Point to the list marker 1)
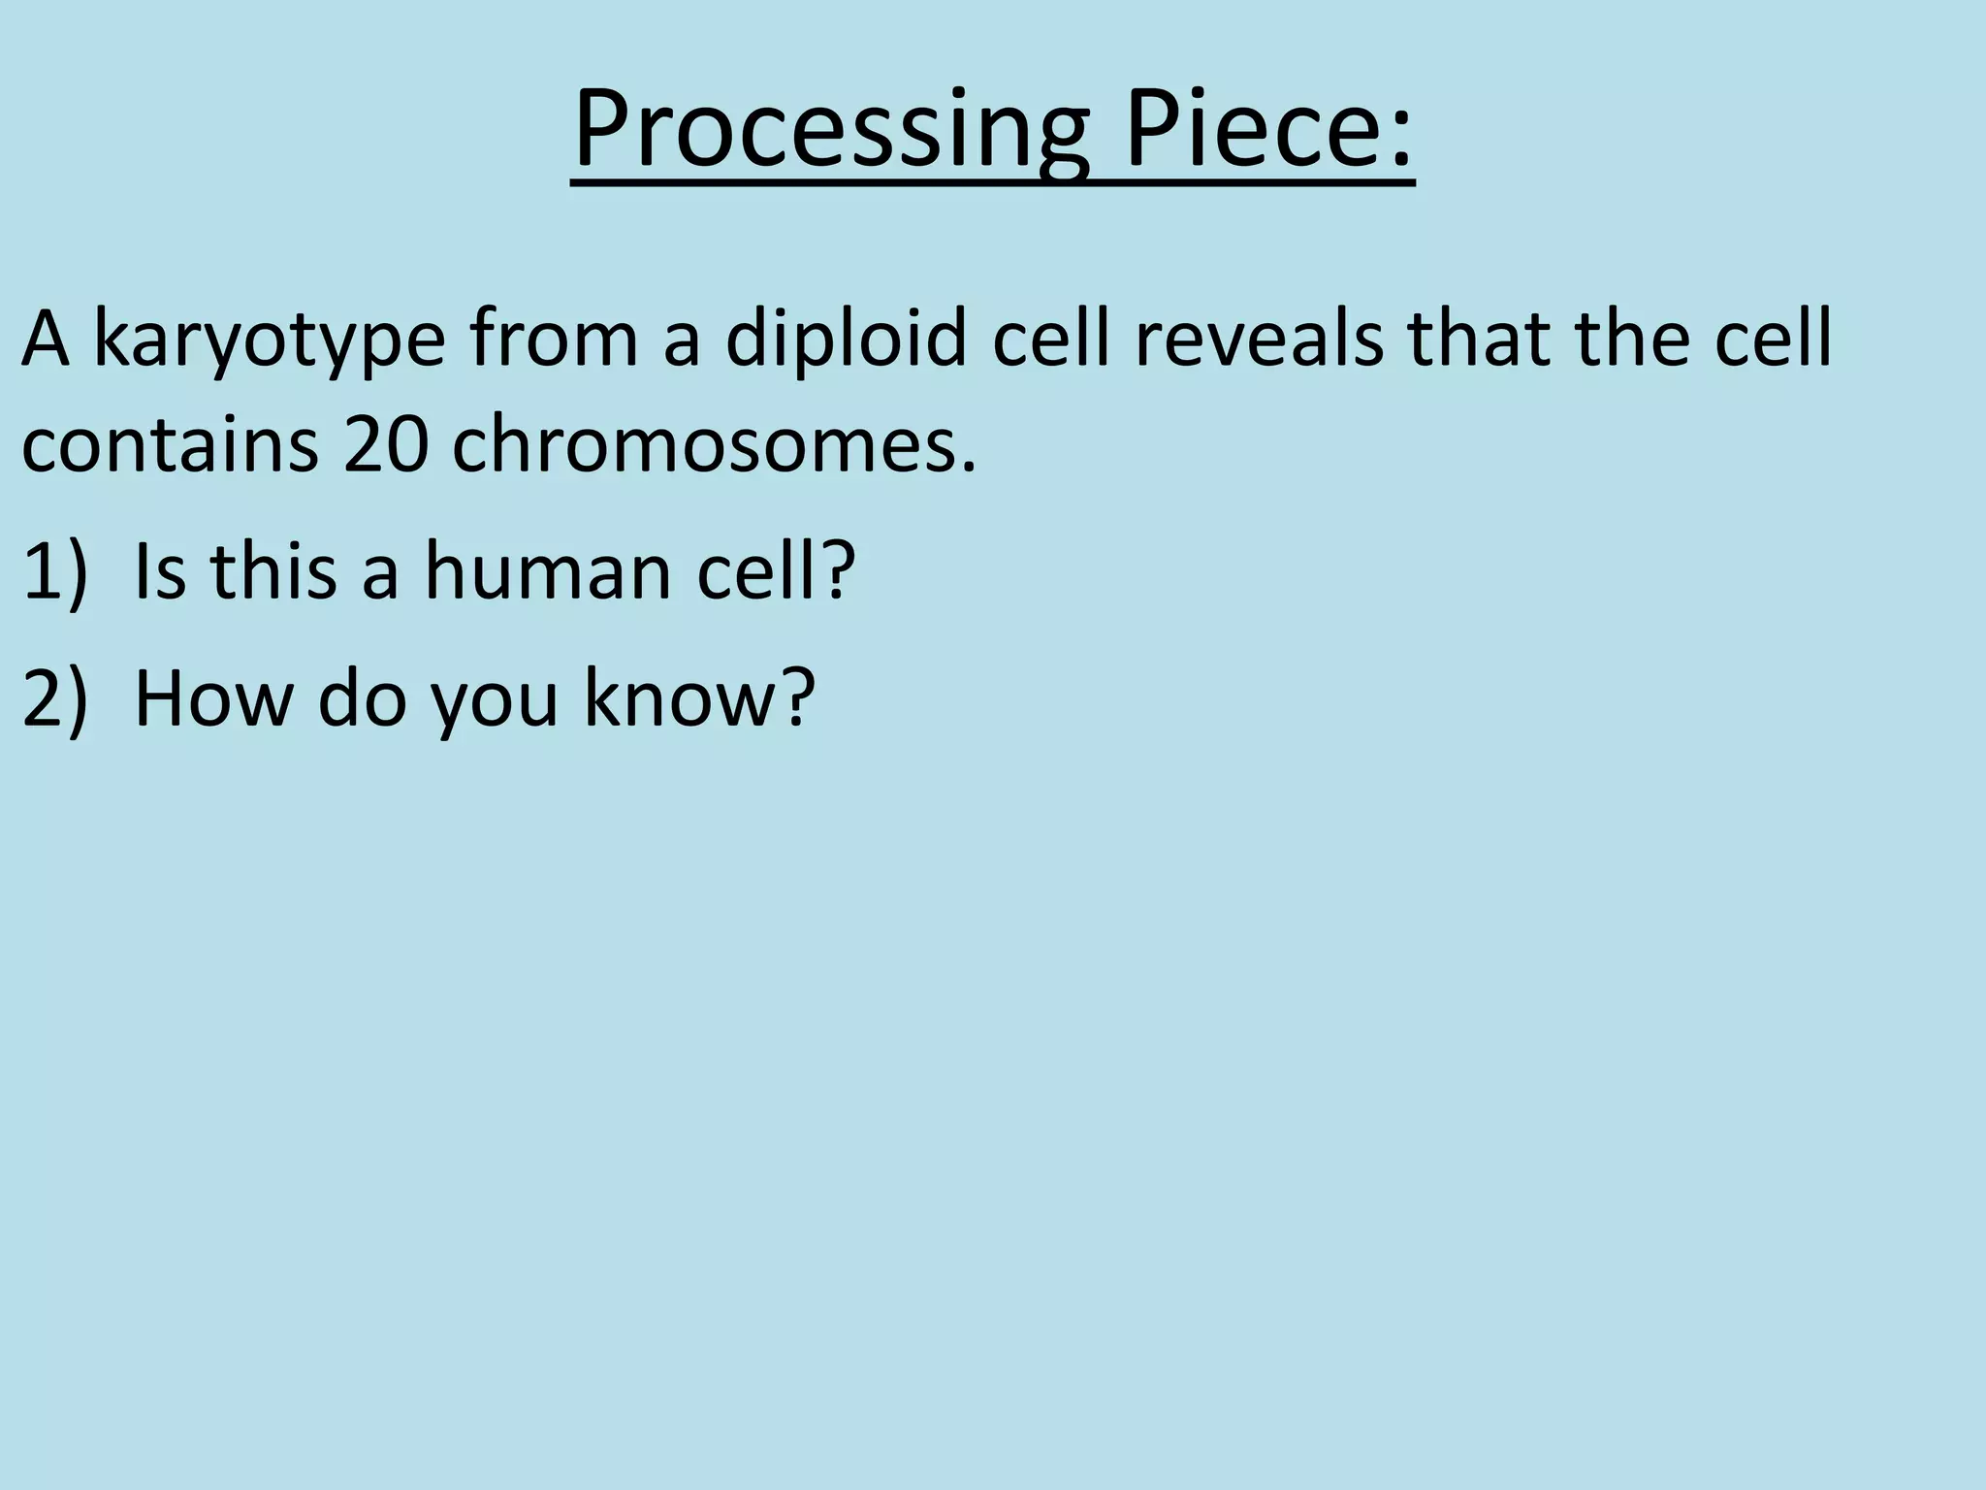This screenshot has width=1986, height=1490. pos(54,571)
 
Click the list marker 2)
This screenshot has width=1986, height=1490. pos(54,698)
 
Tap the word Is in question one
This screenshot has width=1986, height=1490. pos(159,571)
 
